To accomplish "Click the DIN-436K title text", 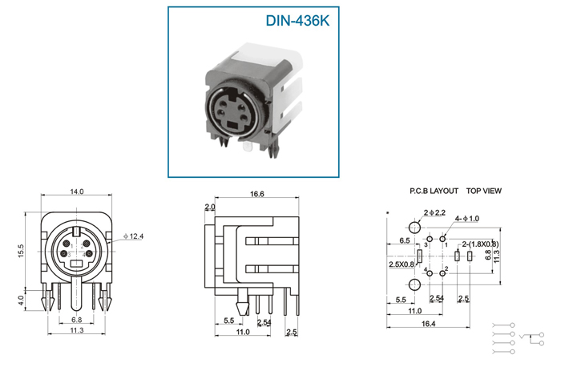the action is (x=297, y=21).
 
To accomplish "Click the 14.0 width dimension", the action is (x=77, y=192).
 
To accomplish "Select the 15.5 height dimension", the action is (x=21, y=251).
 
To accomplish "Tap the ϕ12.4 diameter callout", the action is (x=134, y=236).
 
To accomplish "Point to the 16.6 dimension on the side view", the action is (x=257, y=194).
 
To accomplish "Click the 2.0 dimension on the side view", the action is (x=210, y=207).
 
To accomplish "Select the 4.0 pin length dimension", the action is (x=21, y=300).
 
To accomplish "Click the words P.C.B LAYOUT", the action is (x=434, y=191).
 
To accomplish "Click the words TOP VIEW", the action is (x=484, y=191).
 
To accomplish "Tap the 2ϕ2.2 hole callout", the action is (x=434, y=213).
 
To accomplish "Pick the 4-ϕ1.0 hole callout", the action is (x=467, y=219).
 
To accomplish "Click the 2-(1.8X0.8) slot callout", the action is (x=480, y=244).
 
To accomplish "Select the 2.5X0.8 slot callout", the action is (x=402, y=264).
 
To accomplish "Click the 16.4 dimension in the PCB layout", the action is (x=428, y=324).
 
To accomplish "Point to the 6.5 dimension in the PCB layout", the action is (x=405, y=240).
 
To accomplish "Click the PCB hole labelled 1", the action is (x=442, y=239).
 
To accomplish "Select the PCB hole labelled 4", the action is (x=430, y=273).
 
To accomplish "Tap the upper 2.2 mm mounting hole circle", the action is (x=414, y=227).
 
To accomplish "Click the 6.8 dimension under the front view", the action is (x=77, y=320).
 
